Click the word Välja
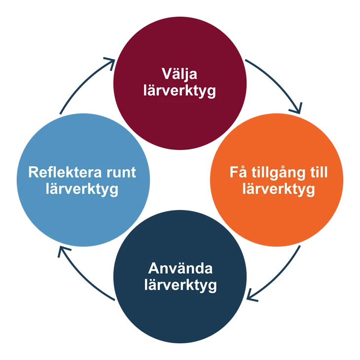pyautogui.click(x=180, y=74)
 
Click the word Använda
pyautogui.click(x=180, y=269)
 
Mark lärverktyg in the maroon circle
pyautogui.click(x=180, y=92)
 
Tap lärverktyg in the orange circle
pyautogui.click(x=279, y=189)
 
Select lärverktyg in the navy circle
pyautogui.click(x=180, y=286)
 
